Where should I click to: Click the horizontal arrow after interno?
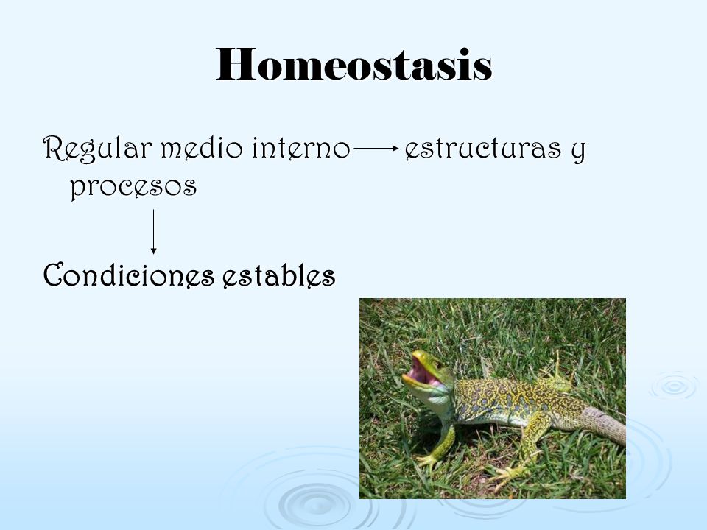[x=376, y=148]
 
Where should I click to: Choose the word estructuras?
[x=483, y=148]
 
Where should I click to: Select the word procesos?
[x=133, y=186]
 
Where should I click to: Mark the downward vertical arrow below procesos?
[x=153, y=232]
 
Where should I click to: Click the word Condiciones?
[x=128, y=274]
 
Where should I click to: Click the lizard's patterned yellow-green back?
[x=510, y=397]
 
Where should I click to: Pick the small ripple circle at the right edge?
[x=675, y=386]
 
